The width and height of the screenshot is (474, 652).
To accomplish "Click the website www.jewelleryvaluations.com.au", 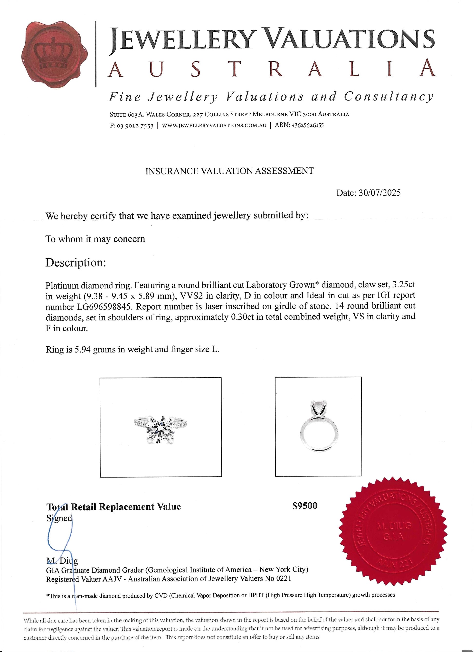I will [x=214, y=126].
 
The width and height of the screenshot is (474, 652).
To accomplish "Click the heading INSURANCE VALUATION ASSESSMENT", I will [x=229, y=171].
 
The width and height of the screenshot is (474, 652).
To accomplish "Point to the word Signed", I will [x=59, y=518].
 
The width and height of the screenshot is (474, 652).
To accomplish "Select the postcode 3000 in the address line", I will [x=309, y=114].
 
